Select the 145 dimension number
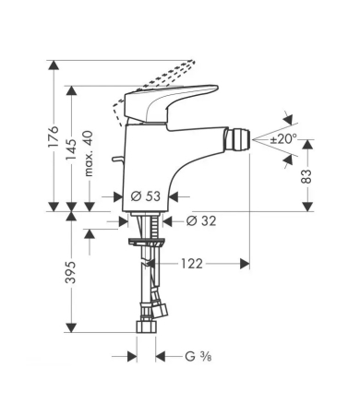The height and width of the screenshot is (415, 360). pos(72,146)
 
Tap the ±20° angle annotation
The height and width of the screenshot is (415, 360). pos(282,139)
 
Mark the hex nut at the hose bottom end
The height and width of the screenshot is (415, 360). pos(147,326)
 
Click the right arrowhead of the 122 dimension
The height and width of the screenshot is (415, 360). pos(246,264)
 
